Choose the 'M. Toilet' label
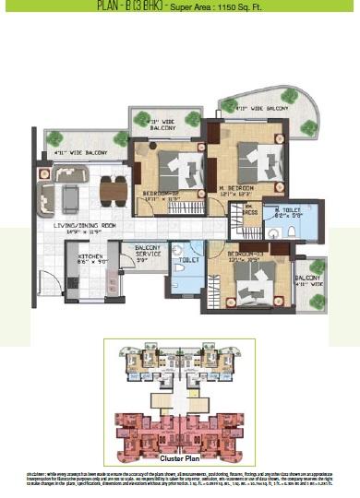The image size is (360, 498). point(290,212)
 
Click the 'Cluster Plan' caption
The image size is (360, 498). point(180,457)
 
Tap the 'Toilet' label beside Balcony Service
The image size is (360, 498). point(185,261)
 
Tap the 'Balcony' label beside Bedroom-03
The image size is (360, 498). point(307,280)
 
